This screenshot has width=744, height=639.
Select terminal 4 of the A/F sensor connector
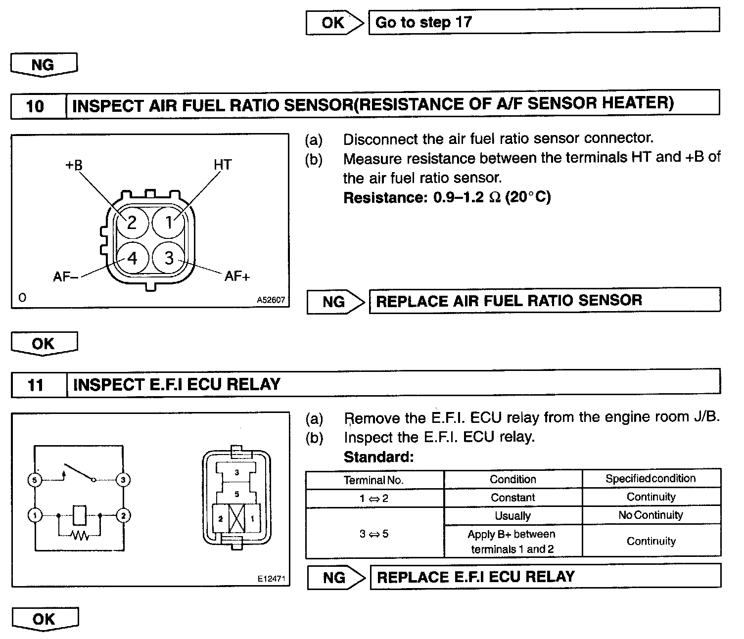click(x=132, y=258)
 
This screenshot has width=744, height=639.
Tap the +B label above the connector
click(x=74, y=165)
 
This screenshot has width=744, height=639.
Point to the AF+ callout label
click(x=237, y=276)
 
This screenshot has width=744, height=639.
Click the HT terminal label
click(x=222, y=165)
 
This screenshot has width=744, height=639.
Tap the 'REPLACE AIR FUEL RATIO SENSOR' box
click(x=544, y=301)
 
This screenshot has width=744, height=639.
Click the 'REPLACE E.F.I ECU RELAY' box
click(x=545, y=577)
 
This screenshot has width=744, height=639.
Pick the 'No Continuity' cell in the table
click(x=651, y=515)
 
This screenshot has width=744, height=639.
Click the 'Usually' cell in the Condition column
click(x=512, y=516)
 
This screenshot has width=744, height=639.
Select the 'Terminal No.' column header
click(x=374, y=480)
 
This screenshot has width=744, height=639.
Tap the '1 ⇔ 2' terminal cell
click(x=374, y=498)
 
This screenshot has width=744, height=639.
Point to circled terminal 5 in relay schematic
click(x=34, y=480)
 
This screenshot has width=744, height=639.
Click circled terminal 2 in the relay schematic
click(x=123, y=516)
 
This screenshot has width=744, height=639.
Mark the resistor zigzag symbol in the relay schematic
click(x=79, y=536)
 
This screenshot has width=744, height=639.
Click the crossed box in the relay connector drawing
click(x=236, y=519)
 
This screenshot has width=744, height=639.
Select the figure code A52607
click(x=271, y=300)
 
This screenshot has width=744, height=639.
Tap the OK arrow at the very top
click(x=334, y=23)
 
